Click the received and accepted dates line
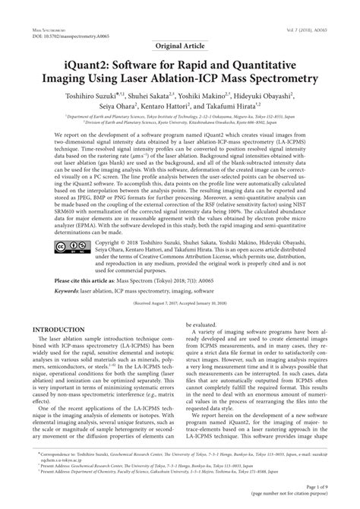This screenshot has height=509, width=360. point(179,302)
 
